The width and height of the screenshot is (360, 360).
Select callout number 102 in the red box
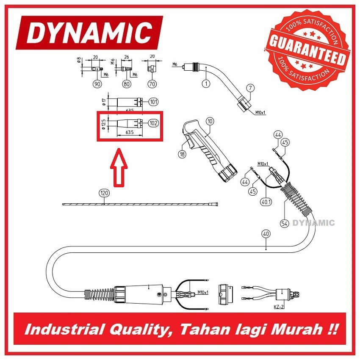(153, 123)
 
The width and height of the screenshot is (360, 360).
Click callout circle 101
(153, 102)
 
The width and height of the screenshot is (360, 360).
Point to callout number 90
(98, 84)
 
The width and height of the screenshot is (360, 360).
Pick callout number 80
(126, 84)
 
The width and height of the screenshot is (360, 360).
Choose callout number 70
(152, 84)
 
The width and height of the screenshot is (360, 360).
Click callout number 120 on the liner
(104, 193)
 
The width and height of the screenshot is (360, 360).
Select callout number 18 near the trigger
(182, 155)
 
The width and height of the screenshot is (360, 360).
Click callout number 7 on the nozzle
(250, 88)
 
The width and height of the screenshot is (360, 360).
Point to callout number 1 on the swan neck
(206, 84)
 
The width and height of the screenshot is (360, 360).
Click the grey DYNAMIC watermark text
(314, 223)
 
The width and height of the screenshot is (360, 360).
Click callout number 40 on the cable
(266, 233)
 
